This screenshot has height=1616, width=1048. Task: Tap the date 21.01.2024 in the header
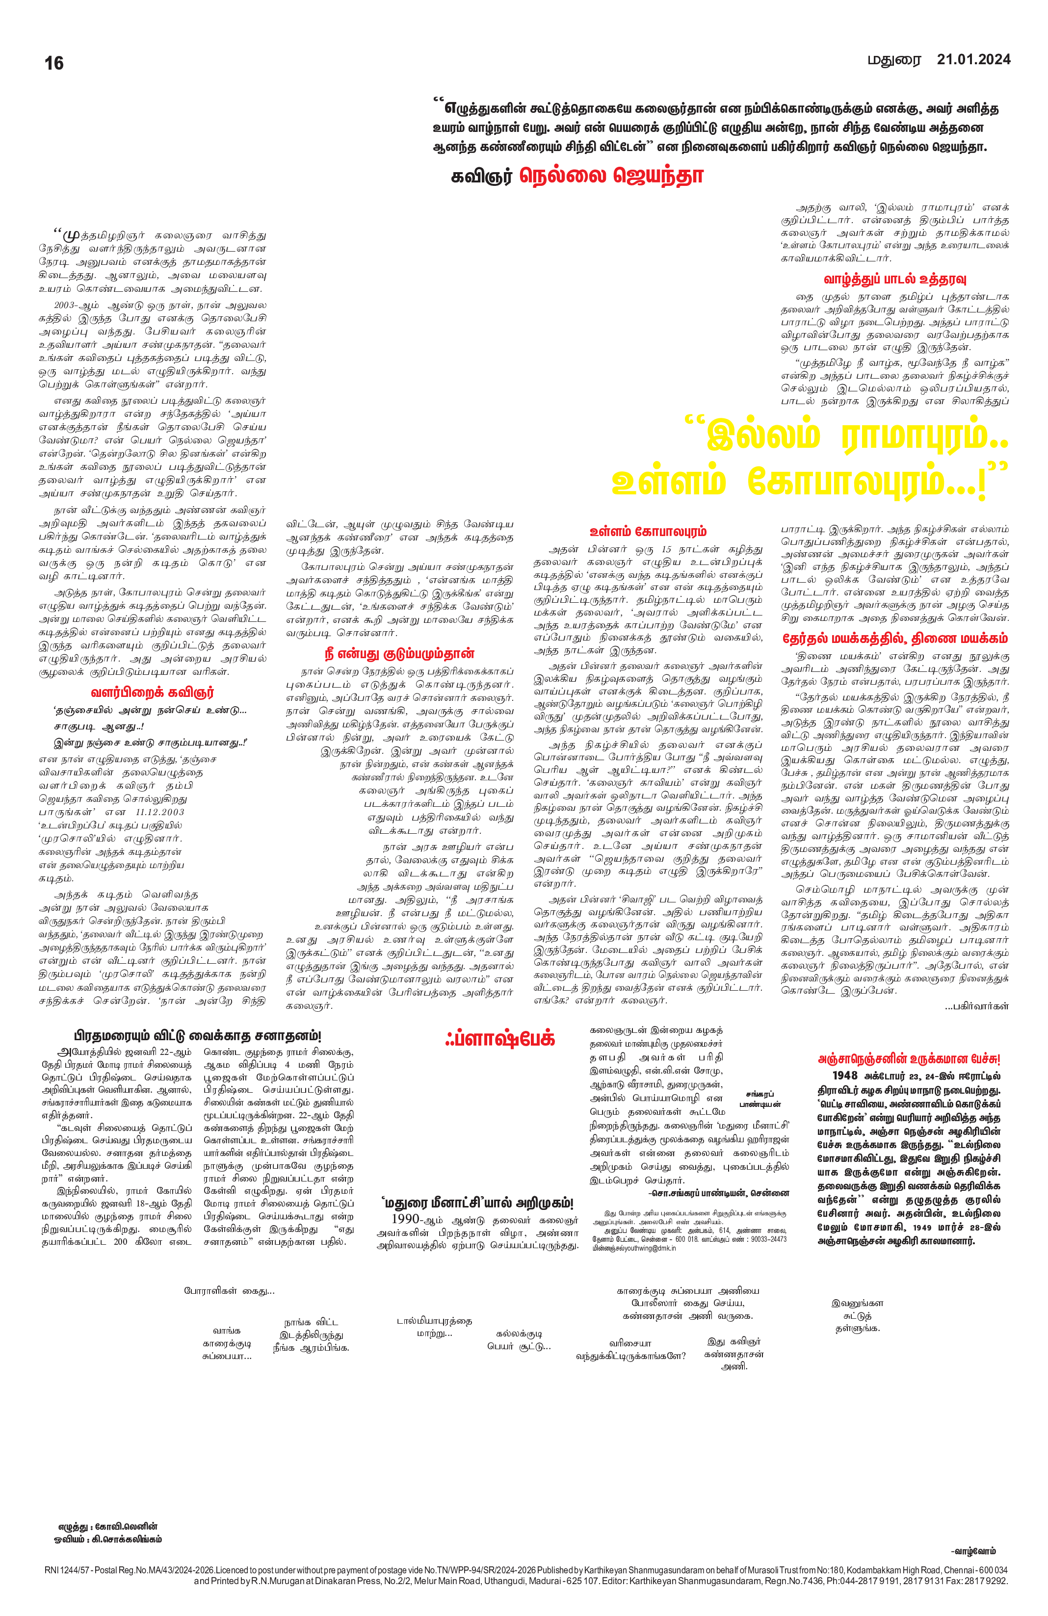point(973,60)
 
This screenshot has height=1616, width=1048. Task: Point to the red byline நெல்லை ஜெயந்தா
point(611,176)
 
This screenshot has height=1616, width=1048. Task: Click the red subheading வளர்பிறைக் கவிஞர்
point(152,693)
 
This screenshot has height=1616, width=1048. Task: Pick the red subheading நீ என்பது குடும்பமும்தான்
point(399,654)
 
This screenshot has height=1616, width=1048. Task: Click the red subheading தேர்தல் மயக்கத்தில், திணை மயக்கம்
point(894,639)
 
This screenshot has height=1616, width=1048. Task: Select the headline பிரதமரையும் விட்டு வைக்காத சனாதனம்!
point(197,1036)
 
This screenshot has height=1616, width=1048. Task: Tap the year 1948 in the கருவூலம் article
point(845,1076)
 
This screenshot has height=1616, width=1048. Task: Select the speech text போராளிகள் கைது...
point(229,1291)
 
